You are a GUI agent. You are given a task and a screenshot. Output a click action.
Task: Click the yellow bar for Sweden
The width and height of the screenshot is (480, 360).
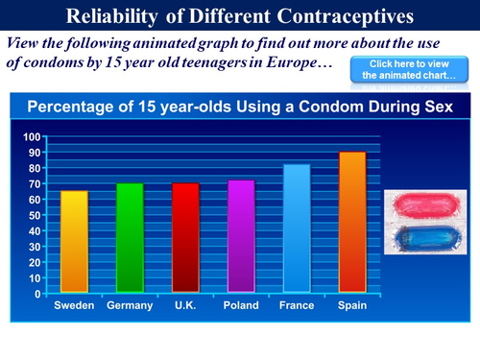click(x=74, y=241)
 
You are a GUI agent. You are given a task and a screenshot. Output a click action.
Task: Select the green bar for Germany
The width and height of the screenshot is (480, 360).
click(x=129, y=238)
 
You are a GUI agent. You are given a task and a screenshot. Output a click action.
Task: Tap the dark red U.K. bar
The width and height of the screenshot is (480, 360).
click(x=184, y=238)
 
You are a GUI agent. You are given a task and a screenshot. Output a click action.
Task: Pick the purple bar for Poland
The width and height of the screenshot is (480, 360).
click(x=240, y=236)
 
